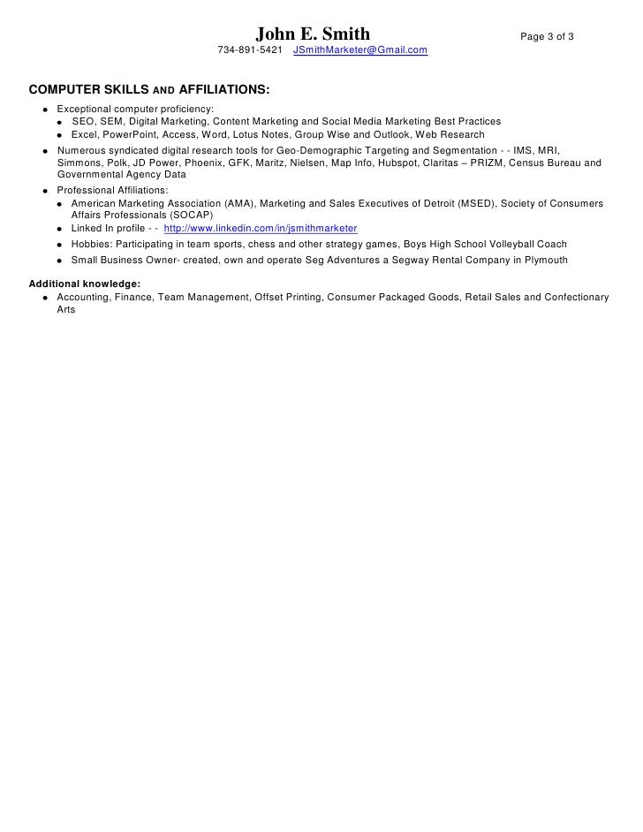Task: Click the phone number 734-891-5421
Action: pyautogui.click(x=251, y=51)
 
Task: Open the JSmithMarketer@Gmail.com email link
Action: pyautogui.click(x=360, y=51)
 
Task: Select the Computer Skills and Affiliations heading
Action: pyautogui.click(x=150, y=90)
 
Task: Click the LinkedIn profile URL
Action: pyautogui.click(x=261, y=228)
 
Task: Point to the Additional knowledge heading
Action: pyautogui.click(x=85, y=284)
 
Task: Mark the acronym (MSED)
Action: pyautogui.click(x=474, y=203)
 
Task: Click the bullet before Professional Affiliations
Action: pyautogui.click(x=43, y=191)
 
